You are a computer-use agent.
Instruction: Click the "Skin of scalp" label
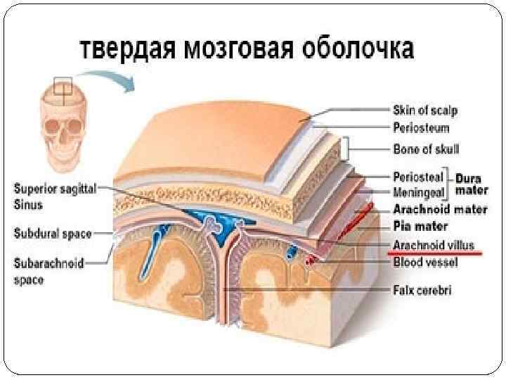(424, 110)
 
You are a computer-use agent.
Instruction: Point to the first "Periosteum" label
(420, 129)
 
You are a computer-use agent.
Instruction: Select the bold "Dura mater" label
(472, 185)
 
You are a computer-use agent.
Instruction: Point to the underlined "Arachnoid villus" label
(434, 246)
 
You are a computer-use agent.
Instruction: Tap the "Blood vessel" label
(425, 262)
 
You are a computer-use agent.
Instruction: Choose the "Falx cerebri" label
(422, 289)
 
